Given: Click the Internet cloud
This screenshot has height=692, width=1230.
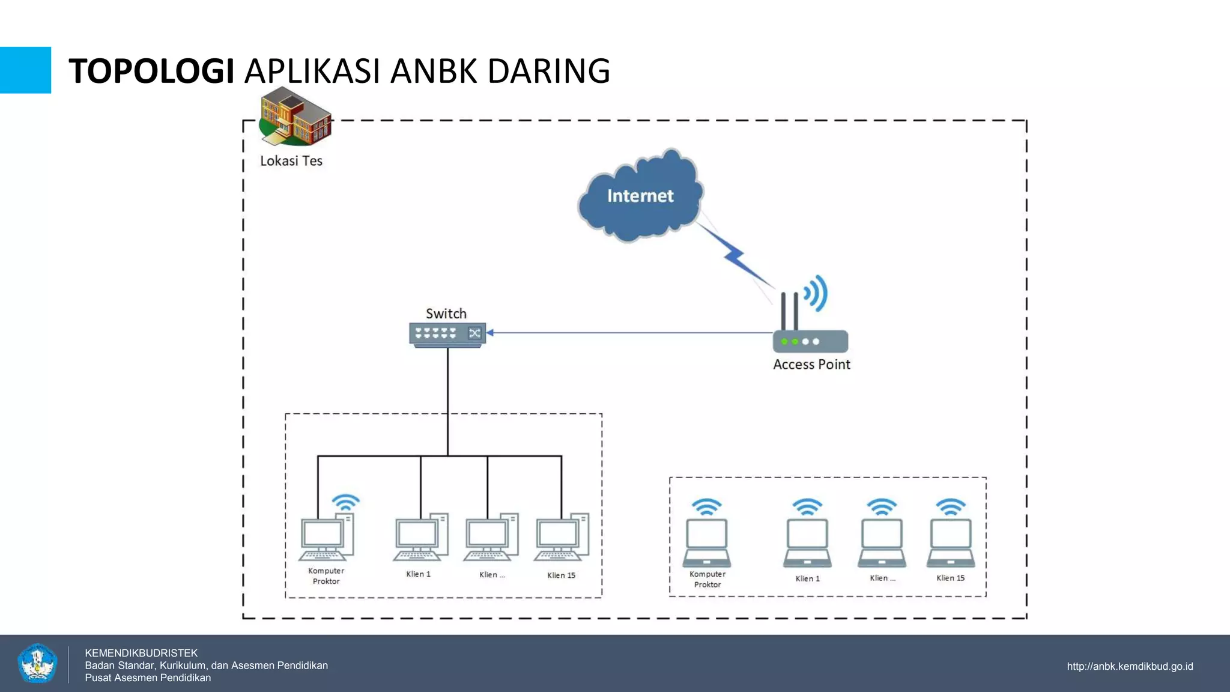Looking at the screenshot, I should pyautogui.click(x=640, y=196).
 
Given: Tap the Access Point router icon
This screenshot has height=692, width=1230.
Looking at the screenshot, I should pyautogui.click(x=810, y=340).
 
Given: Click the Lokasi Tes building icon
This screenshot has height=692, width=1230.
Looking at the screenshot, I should pyautogui.click(x=295, y=117).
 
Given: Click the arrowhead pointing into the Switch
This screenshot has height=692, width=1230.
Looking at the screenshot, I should pyautogui.click(x=490, y=332).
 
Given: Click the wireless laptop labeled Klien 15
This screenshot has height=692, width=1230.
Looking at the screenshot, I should pyautogui.click(x=951, y=542).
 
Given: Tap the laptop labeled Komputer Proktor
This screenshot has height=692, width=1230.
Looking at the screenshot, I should pyautogui.click(x=707, y=542).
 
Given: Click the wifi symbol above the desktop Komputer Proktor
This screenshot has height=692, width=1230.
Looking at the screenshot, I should pyautogui.click(x=346, y=502).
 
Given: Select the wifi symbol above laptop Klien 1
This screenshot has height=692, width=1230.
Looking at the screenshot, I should pyautogui.click(x=807, y=506).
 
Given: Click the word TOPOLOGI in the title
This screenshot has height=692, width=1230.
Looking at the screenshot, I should pyautogui.click(x=151, y=71).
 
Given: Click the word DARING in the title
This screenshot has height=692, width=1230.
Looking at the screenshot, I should pyautogui.click(x=548, y=71).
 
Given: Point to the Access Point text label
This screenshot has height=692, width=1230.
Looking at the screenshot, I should pyautogui.click(x=811, y=365).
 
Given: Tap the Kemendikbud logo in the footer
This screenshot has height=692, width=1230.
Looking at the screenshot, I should pyautogui.click(x=37, y=663).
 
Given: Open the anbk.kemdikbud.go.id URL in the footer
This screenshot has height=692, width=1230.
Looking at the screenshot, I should pyautogui.click(x=1130, y=666).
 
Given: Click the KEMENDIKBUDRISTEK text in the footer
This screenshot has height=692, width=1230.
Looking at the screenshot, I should pyautogui.click(x=141, y=653).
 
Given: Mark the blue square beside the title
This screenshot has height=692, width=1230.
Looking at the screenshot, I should pyautogui.click(x=25, y=70).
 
